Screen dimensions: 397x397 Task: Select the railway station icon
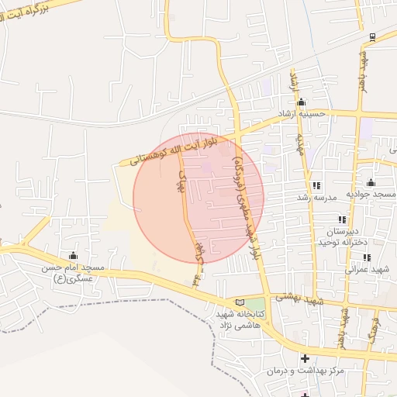point(373,36)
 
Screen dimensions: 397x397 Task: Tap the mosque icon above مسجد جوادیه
point(371,183)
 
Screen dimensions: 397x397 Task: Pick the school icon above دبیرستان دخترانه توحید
point(342,220)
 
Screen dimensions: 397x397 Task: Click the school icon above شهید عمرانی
point(367,257)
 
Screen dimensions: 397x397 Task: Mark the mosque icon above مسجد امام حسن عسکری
point(74,256)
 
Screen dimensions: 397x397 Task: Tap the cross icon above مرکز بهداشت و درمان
point(305,358)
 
